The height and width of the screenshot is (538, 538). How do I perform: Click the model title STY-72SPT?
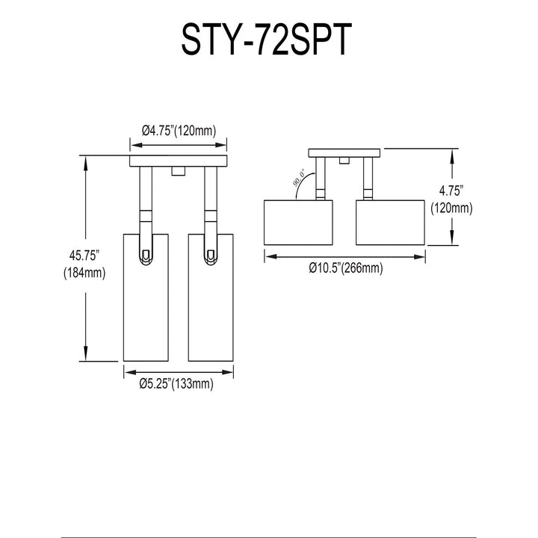tap(267, 39)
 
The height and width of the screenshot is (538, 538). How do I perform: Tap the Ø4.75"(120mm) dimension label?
tap(179, 131)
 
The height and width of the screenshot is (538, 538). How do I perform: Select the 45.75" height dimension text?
tap(84, 256)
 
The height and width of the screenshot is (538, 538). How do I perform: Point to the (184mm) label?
tap(84, 273)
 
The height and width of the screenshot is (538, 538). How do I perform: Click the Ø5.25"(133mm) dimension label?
tap(176, 383)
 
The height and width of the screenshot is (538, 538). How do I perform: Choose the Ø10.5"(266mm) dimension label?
tap(345, 268)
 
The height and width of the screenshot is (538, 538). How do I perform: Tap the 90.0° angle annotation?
tap(298, 177)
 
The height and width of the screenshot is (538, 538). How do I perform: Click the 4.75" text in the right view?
tap(451, 191)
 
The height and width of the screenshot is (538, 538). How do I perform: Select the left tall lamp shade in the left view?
tap(146, 297)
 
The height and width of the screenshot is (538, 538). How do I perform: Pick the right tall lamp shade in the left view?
tap(211, 297)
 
